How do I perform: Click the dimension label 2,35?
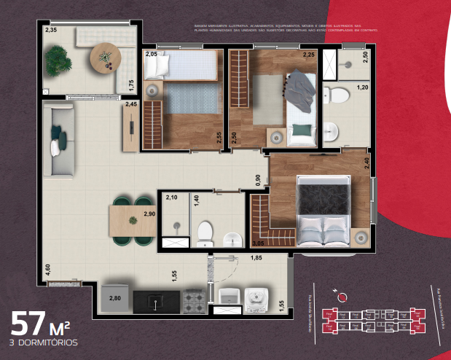pyautogui.click(x=51, y=30)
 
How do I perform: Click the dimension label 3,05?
pyautogui.click(x=257, y=243)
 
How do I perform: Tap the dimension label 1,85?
pyautogui.click(x=256, y=257)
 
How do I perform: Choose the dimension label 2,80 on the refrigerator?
pyautogui.click(x=115, y=298)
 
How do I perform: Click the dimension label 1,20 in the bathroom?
pyautogui.click(x=361, y=87)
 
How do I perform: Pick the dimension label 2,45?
pyautogui.click(x=131, y=105)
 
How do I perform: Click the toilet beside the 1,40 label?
pyautogui.click(x=205, y=232)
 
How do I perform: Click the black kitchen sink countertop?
pyautogui.click(x=156, y=300)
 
